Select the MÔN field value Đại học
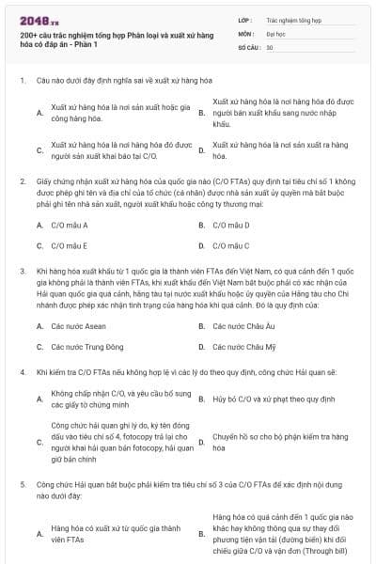[x=276, y=33]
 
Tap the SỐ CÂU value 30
[x=271, y=47]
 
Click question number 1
[x=23, y=81]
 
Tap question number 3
[x=23, y=270]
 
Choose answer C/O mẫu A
[x=70, y=226]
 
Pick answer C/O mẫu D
[x=230, y=226]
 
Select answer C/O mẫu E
[x=70, y=246]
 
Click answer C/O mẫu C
[x=230, y=246]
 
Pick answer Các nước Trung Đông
[x=84, y=347]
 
